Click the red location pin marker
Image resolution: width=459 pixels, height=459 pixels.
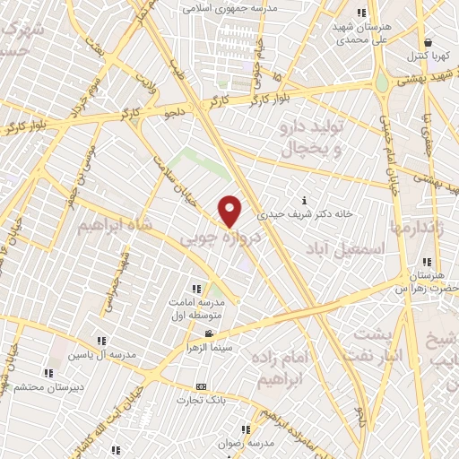pyautogui.click(x=230, y=211)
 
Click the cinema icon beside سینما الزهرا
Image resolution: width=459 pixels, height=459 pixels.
pyautogui.click(x=209, y=334)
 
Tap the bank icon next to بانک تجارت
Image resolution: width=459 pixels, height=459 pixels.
pyautogui.click(x=201, y=387)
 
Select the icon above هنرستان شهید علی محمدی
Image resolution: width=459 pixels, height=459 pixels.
pyautogui.click(x=362, y=13)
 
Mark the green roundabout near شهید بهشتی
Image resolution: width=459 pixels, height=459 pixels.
pyautogui.click(x=383, y=82)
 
